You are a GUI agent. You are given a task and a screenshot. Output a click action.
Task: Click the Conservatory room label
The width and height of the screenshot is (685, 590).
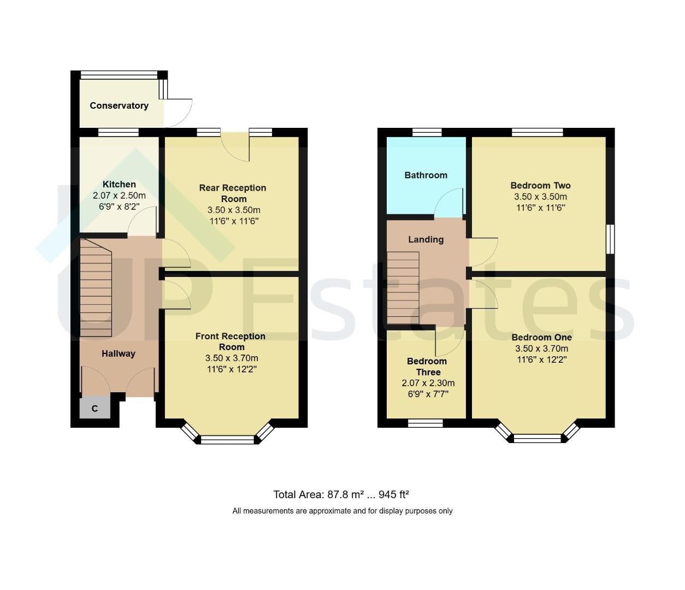119,105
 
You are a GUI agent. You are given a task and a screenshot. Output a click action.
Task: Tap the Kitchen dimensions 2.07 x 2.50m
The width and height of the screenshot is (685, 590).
119,196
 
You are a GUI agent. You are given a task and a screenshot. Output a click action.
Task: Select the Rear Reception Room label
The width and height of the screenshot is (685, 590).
233,193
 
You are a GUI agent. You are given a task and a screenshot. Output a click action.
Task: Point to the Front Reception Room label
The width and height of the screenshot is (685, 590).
231,341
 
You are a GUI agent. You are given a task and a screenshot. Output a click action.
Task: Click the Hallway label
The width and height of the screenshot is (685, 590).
118,353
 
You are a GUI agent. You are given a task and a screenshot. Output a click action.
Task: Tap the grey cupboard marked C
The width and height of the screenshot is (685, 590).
95,408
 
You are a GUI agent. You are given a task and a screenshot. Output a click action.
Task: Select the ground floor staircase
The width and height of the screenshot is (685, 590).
96,290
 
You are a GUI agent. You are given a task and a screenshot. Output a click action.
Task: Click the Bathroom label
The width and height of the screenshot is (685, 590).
426,175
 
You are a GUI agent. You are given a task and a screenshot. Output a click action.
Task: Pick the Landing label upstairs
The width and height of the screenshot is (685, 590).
426,239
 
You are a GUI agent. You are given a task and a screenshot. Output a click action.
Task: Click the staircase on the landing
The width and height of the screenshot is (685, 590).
403,287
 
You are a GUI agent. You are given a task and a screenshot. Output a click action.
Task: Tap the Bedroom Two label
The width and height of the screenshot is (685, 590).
540,185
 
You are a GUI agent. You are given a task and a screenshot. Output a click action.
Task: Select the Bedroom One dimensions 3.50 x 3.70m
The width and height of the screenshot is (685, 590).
541,349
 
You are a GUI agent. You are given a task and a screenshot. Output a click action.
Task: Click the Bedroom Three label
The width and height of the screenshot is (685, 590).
427,367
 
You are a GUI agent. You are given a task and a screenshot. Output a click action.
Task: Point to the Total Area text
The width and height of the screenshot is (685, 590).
341,495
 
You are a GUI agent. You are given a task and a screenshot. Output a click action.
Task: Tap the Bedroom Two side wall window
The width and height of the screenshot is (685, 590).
611,239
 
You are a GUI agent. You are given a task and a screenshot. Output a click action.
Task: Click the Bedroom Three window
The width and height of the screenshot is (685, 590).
426,422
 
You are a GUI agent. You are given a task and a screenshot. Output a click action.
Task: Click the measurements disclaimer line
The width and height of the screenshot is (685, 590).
342,511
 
